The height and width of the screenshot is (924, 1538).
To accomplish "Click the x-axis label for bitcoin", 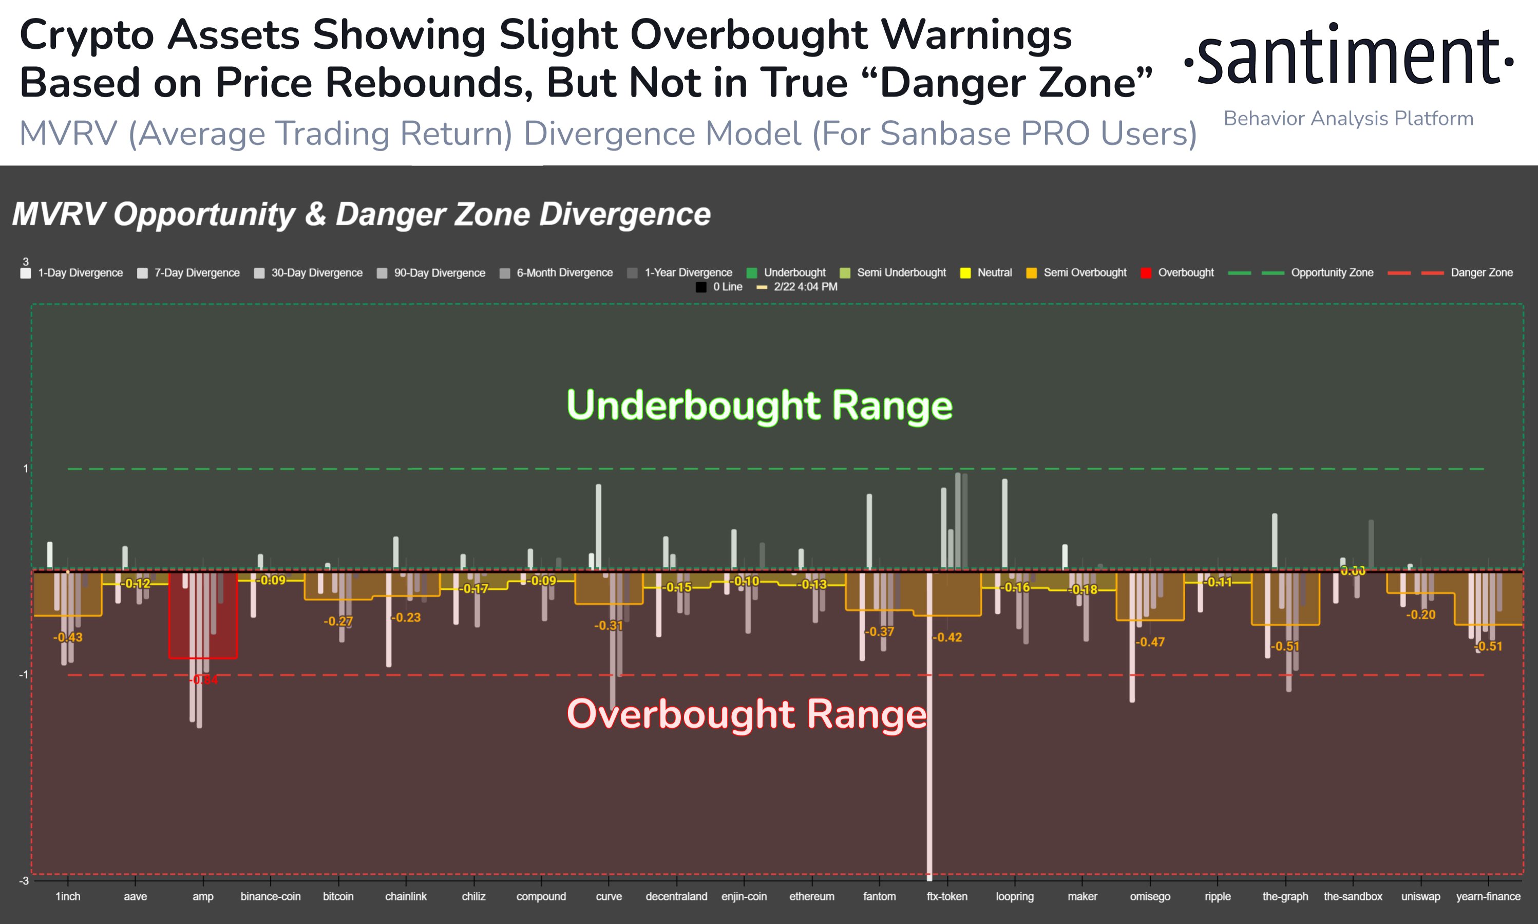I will tap(338, 897).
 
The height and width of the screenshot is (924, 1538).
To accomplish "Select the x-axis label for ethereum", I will tap(811, 897).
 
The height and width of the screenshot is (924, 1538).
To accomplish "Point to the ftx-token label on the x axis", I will tap(947, 897).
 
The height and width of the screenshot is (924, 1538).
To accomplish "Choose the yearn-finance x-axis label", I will tap(1488, 897).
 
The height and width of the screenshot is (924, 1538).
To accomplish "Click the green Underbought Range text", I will tap(759, 405).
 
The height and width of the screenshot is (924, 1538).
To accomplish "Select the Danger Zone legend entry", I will tap(1481, 273).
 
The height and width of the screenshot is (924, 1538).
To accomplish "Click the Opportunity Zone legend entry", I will tap(1332, 273).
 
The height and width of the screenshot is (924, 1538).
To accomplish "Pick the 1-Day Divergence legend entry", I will tap(80, 273).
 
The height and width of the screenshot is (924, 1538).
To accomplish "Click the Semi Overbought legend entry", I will tap(1085, 273).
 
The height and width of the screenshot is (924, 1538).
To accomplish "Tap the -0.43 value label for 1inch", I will tap(68, 637).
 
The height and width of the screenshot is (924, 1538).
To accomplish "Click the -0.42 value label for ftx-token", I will tap(947, 637).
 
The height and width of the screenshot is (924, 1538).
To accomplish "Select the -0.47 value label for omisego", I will tap(1150, 642).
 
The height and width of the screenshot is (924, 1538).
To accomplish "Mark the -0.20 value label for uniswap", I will tap(1420, 615).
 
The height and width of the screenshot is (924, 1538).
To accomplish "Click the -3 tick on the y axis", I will tap(24, 880).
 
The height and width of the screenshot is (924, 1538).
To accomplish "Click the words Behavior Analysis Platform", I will tap(1348, 118).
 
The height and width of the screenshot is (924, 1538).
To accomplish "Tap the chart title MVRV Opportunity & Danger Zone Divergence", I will tap(361, 214).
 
